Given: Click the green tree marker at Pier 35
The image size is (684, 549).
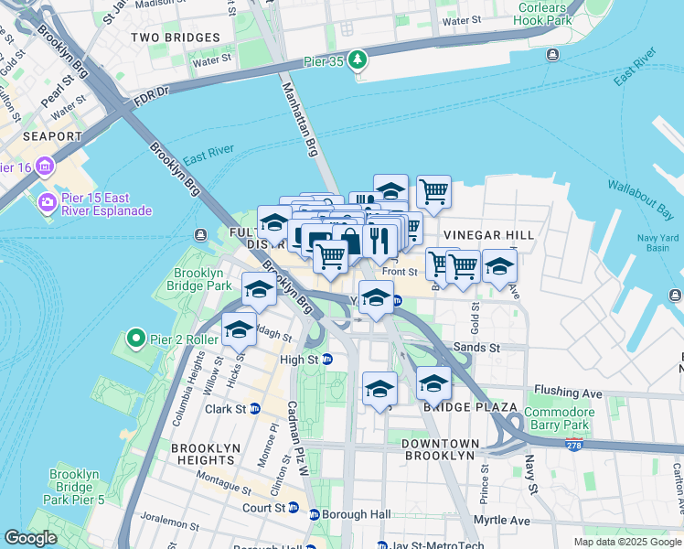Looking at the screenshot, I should pyautogui.click(x=358, y=61).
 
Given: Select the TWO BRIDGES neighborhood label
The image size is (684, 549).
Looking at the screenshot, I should pyautogui.click(x=176, y=38).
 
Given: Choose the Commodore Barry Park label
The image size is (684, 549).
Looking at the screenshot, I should pyautogui.click(x=559, y=418).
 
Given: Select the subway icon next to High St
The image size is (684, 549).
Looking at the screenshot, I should pyautogui.click(x=326, y=360).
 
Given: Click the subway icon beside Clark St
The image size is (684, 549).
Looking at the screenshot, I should pyautogui.click(x=255, y=409).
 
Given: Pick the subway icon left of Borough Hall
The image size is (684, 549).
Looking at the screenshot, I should pyautogui.click(x=315, y=514).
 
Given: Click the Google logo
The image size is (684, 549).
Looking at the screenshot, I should pyautogui.click(x=31, y=538).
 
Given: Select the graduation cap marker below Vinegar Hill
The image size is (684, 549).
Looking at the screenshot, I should pyautogui.click(x=499, y=266).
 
